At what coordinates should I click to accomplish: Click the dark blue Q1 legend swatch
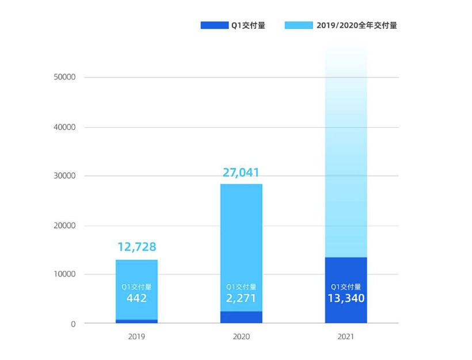[214, 25]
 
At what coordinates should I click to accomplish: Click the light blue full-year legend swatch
[299, 25]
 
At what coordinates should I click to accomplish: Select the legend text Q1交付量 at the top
[248, 25]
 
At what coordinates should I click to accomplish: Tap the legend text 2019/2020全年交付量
[356, 25]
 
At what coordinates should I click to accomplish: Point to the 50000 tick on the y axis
[64, 78]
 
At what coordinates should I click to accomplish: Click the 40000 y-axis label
[64, 127]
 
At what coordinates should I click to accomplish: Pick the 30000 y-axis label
[64, 176]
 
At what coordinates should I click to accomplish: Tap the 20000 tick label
[64, 225]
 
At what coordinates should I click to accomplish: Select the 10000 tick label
[64, 274]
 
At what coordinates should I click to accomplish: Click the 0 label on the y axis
[73, 324]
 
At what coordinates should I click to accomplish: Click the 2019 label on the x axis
[136, 337]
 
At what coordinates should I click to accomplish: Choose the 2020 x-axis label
[241, 337]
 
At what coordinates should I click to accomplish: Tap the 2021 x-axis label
[346, 337]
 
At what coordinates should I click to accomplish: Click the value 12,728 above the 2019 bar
[136, 247]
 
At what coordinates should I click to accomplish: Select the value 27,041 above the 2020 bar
[241, 172]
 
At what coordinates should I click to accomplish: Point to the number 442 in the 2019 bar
[136, 298]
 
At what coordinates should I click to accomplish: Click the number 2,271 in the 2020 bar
[241, 298]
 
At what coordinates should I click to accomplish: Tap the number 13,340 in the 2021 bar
[346, 298]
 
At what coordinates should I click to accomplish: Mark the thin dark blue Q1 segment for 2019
[136, 321]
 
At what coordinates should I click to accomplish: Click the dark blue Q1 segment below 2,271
[241, 317]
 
